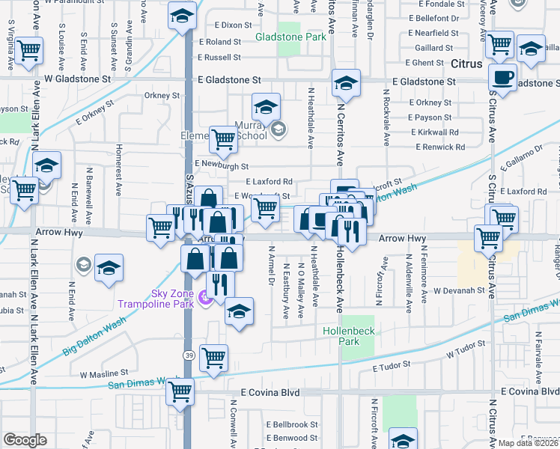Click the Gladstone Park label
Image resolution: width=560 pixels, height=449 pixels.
(x=291, y=36)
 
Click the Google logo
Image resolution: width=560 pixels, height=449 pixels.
(x=25, y=440)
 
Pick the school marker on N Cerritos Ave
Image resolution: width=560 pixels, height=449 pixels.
(x=346, y=83)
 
